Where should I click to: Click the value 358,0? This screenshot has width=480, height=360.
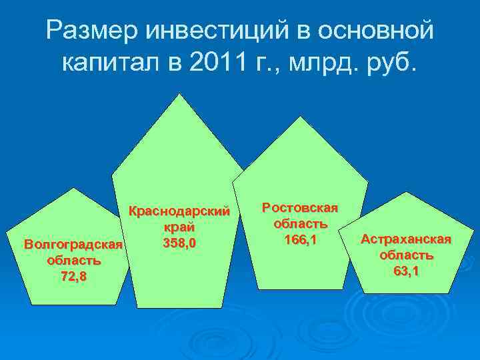(x=179, y=243)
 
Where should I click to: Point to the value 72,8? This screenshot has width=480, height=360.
(x=74, y=276)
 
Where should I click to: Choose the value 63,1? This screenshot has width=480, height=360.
(x=407, y=270)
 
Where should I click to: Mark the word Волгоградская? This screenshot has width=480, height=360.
(x=74, y=245)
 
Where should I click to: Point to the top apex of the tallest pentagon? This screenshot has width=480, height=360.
(x=177, y=93)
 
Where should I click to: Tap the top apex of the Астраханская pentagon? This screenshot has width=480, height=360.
(x=407, y=192)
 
